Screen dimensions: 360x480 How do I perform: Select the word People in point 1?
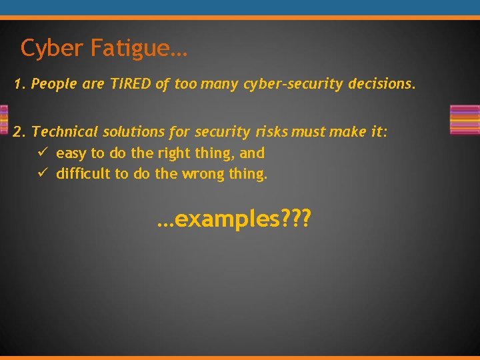53,85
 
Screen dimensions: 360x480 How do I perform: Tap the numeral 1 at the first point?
18,85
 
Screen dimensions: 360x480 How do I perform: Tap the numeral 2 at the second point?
18,131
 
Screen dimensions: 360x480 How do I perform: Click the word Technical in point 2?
64,131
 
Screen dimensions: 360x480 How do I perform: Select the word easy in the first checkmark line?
71,154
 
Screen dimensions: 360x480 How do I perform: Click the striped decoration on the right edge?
465,120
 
